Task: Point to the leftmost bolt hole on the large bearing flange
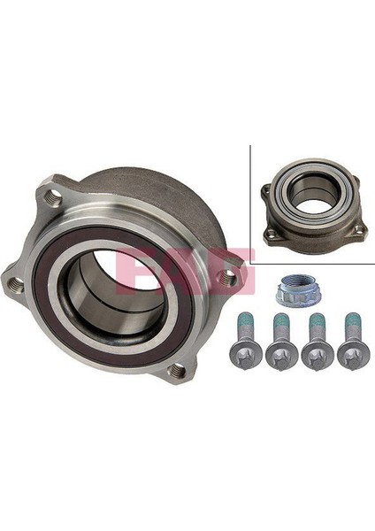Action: [15, 283]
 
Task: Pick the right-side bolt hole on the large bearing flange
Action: [229, 277]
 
